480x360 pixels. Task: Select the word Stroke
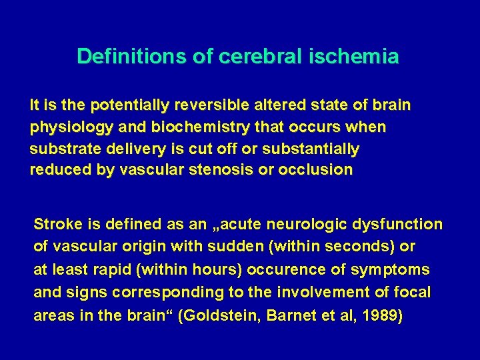55,225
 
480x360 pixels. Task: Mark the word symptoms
391,270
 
